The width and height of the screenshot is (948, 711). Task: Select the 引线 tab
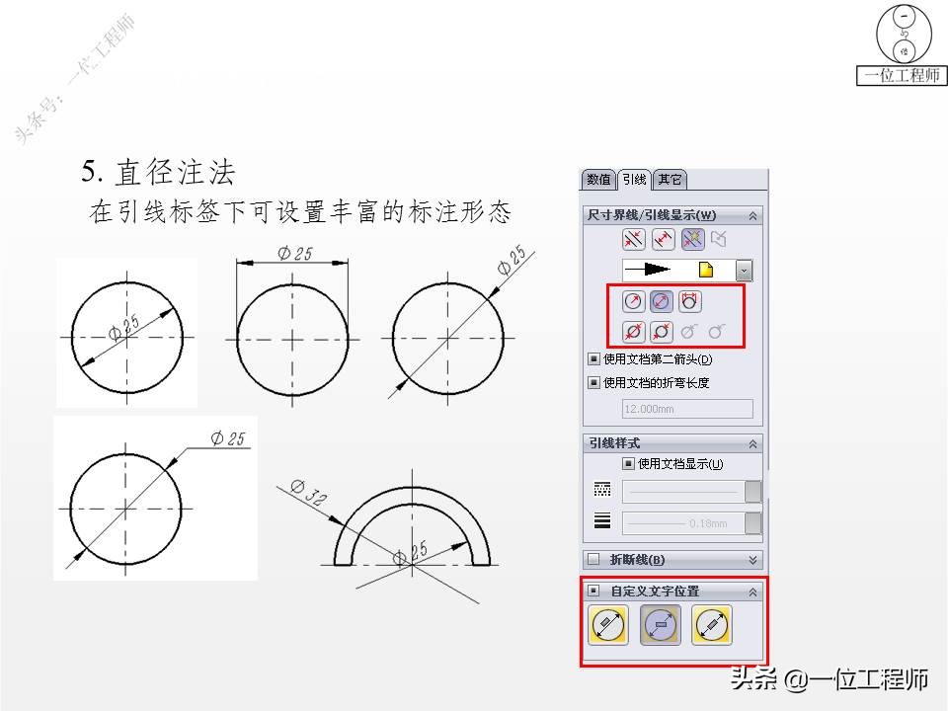634,180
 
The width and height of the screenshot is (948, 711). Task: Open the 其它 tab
670,180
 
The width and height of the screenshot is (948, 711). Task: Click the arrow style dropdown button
744,270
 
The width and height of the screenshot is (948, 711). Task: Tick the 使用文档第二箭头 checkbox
593,359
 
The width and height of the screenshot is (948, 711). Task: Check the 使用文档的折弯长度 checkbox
593,382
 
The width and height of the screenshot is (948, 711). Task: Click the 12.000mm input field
687,409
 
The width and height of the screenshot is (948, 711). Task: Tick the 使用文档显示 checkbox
628,463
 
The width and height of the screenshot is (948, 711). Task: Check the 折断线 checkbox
593,560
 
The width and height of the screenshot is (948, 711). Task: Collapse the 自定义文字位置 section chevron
752,592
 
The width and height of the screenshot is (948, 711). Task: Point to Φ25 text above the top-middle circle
294,253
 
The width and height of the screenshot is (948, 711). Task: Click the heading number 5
91,173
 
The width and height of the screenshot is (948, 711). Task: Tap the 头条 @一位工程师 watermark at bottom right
829,679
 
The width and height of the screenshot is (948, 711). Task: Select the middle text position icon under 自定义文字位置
661,625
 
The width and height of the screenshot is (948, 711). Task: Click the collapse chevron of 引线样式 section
752,443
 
